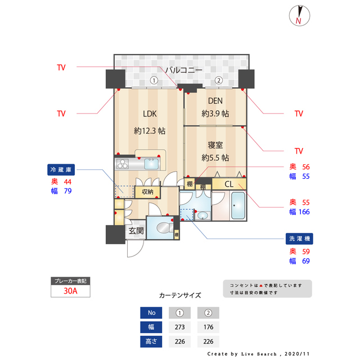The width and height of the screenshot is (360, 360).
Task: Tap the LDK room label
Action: [x=149, y=114]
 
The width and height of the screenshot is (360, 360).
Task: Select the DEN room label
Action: [x=215, y=101]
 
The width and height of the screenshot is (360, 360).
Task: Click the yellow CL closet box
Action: [x=229, y=184]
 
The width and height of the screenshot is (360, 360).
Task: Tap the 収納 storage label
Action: [x=147, y=192]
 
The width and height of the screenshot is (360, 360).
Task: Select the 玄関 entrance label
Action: [x=136, y=231]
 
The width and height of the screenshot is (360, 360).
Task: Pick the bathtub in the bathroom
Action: [x=237, y=207]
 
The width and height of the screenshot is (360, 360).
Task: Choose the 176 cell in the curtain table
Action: [x=208, y=327]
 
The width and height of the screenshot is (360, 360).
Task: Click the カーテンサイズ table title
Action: [x=180, y=295]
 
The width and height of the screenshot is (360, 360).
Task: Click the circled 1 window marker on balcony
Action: [x=153, y=80]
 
